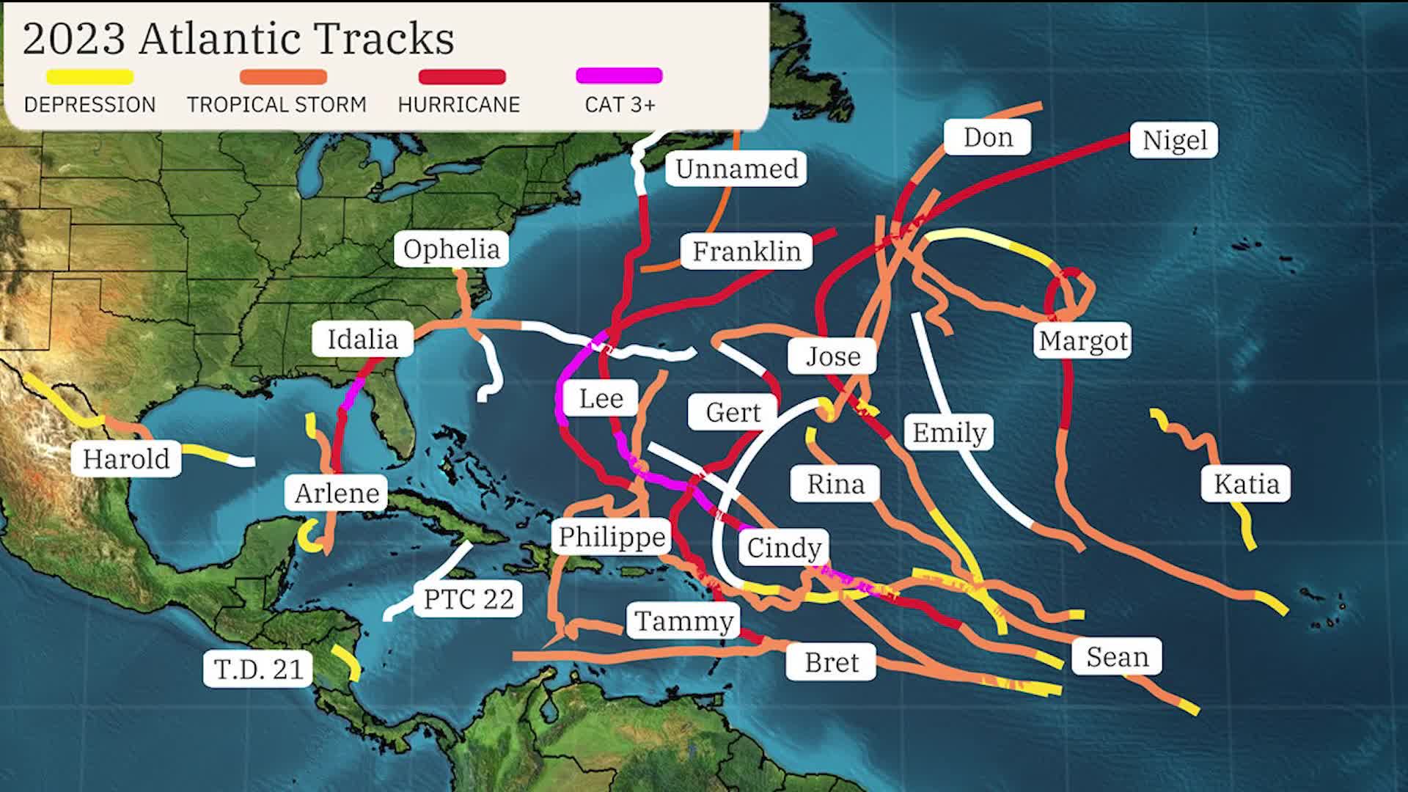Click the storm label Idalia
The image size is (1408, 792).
click(362, 340)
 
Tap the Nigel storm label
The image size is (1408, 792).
click(1174, 140)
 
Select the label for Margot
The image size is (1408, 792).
click(1083, 341)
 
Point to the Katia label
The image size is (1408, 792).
click(1246, 484)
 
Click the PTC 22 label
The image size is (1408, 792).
click(469, 599)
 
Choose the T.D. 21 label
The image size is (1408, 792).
click(258, 669)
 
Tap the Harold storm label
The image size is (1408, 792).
click(126, 459)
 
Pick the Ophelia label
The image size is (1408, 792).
click(451, 249)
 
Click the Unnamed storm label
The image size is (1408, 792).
click(736, 169)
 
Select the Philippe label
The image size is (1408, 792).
click(612, 537)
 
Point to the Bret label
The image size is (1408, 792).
click(831, 662)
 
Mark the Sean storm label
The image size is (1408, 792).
click(1117, 657)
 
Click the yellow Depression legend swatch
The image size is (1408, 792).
click(89, 76)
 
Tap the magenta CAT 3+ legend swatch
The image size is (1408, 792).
click(620, 76)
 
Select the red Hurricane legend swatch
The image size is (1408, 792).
click(462, 76)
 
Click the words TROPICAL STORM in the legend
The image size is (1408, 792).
click(276, 105)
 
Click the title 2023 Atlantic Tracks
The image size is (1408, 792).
click(238, 39)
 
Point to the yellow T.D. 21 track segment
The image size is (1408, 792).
click(346, 661)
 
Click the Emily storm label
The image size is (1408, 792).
click(949, 433)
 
